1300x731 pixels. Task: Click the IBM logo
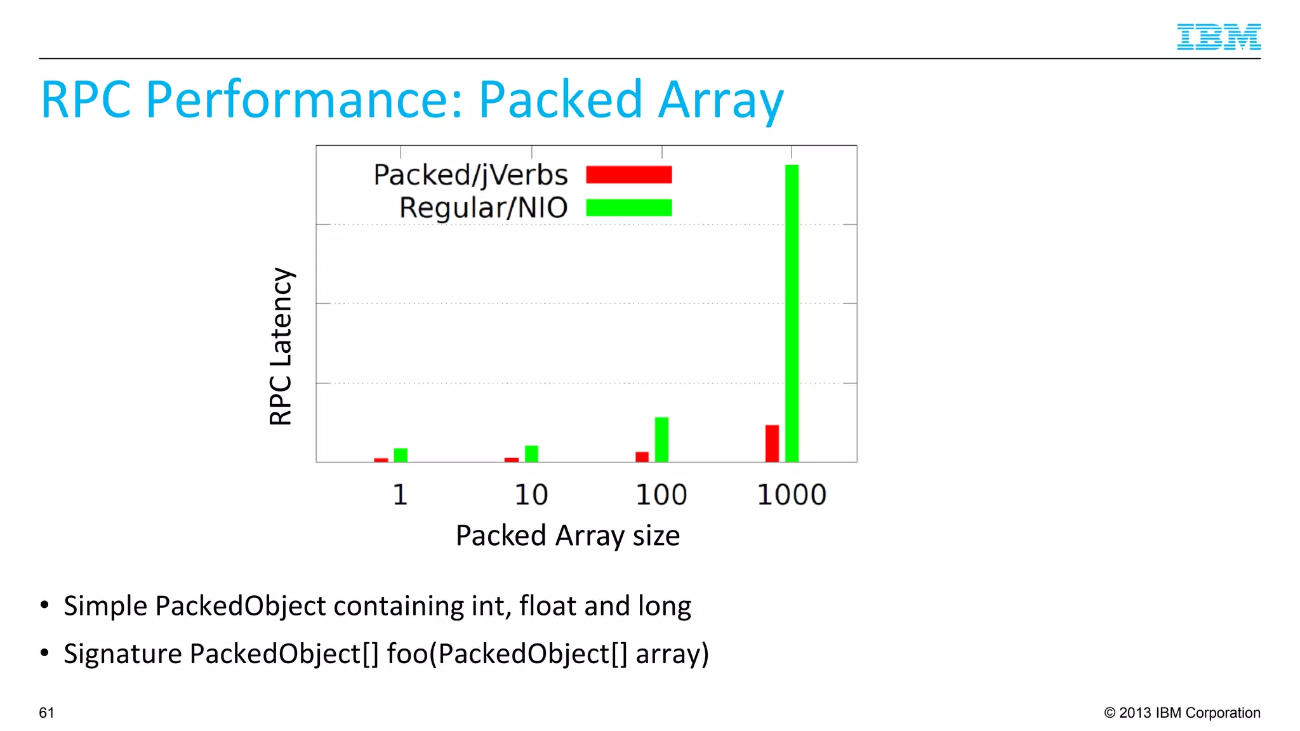(1218, 37)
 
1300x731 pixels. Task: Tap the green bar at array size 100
(661, 439)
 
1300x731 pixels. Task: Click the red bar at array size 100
(642, 457)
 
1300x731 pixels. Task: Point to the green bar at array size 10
(531, 454)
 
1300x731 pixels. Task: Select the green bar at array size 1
(401, 455)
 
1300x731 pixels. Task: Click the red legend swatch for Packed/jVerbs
(628, 175)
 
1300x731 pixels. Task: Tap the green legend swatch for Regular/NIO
(628, 207)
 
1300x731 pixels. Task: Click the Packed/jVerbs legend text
(470, 175)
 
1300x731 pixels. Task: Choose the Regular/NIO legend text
(483, 208)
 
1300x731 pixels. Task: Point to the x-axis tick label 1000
(792, 495)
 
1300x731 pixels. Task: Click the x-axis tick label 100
(661, 495)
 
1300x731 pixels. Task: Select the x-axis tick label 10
(531, 495)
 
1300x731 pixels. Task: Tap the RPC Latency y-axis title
(281, 346)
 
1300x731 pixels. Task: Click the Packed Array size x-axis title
(567, 536)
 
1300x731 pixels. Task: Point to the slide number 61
(46, 713)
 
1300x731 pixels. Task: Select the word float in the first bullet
(548, 606)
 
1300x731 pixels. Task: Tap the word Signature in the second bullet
(123, 654)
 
